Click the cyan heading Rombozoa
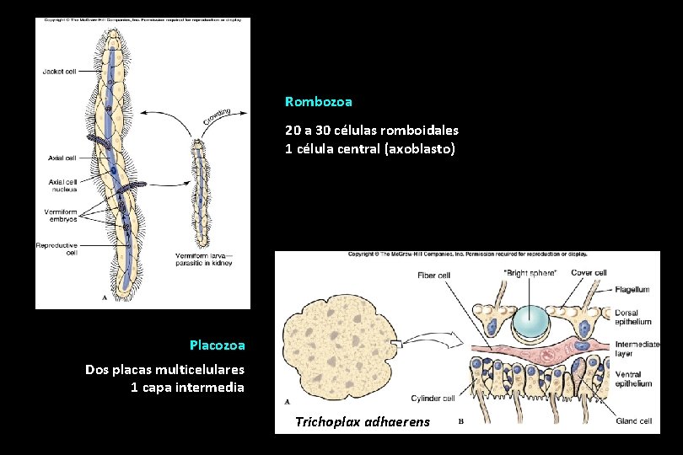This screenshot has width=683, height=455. point(319,101)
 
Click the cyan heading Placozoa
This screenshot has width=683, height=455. point(217,345)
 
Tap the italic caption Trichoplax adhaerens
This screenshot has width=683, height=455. point(362,421)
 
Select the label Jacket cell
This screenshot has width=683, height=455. point(59,72)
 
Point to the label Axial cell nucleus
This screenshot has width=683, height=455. point(62,185)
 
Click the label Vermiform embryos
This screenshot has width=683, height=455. point(61,215)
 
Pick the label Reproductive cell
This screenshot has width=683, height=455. point(56,249)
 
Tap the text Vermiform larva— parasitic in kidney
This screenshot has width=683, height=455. point(203,259)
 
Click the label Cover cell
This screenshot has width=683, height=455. point(589,272)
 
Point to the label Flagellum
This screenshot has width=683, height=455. point(632,289)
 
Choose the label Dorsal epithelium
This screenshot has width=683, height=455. point(633,317)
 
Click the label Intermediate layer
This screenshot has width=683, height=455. point(637,348)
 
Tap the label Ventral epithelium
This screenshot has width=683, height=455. point(633,379)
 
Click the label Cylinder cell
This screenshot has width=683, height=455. point(433,399)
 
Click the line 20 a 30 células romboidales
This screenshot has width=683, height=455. point(372,131)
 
